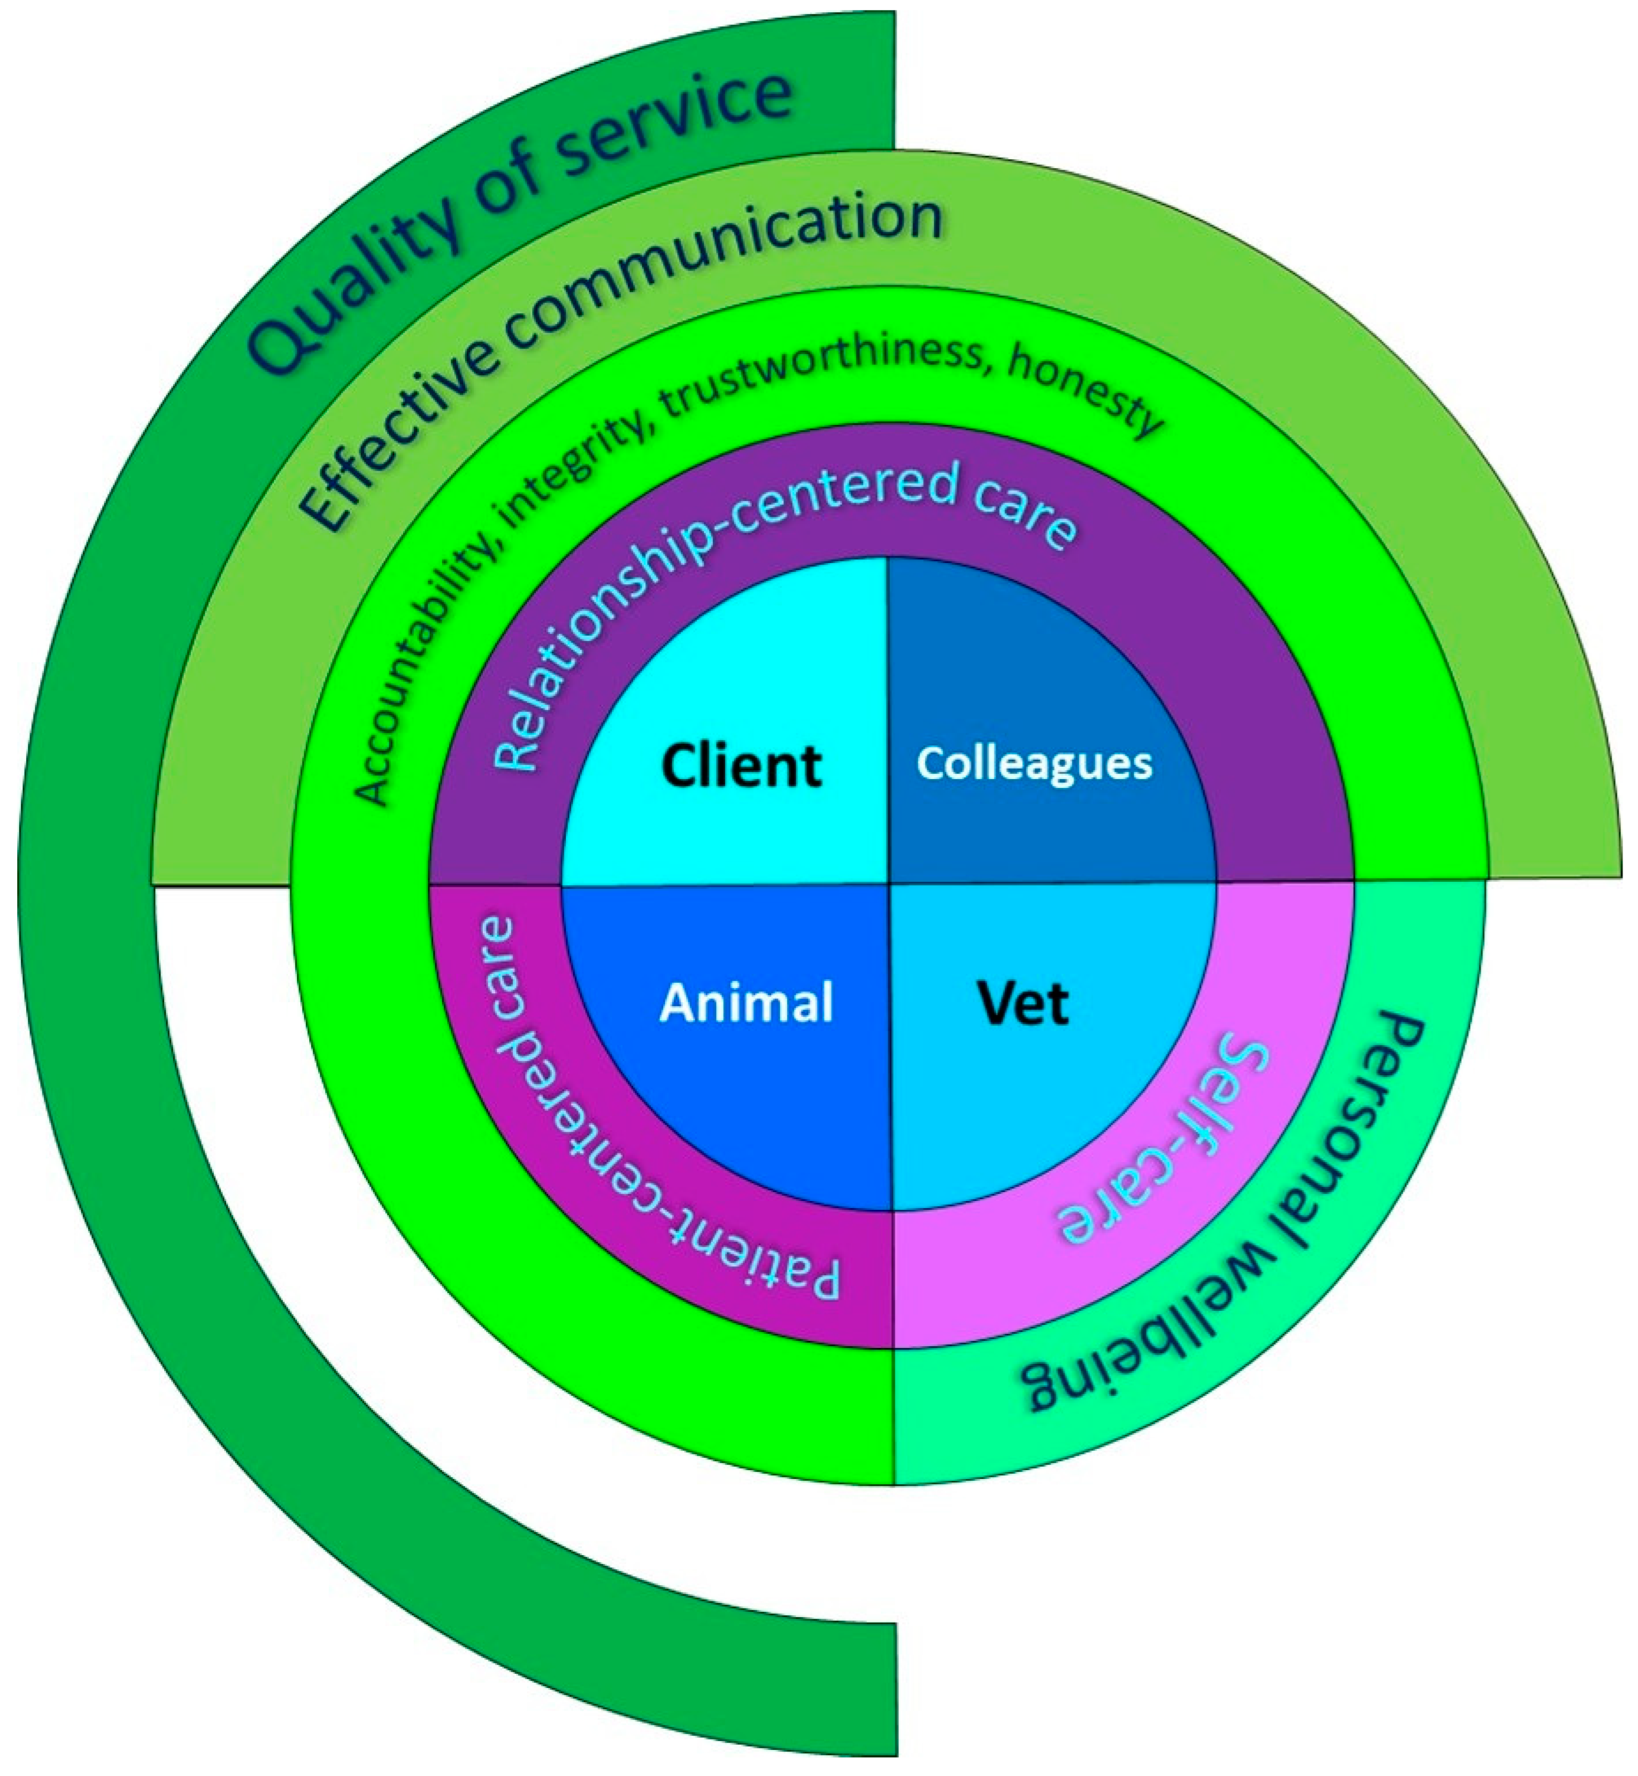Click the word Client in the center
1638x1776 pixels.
click(741, 766)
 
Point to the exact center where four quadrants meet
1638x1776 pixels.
click(889, 883)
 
